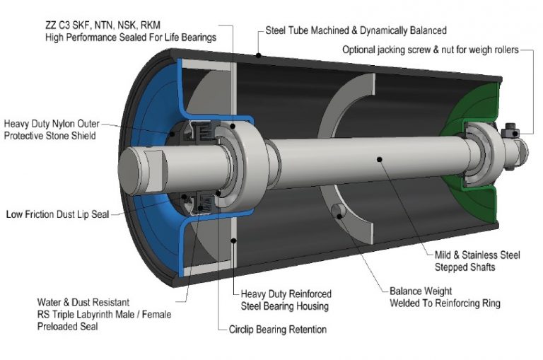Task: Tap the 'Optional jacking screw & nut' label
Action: click(x=431, y=50)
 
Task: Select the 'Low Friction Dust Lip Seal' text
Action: click(x=57, y=214)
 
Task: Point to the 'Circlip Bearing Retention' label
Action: click(x=278, y=330)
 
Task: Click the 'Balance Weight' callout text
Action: click(x=421, y=291)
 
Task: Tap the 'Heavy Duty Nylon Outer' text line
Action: click(x=52, y=123)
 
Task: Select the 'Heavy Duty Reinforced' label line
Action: click(x=286, y=294)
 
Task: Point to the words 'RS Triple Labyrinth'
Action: click(x=78, y=315)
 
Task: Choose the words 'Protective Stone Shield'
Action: click(x=49, y=135)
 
